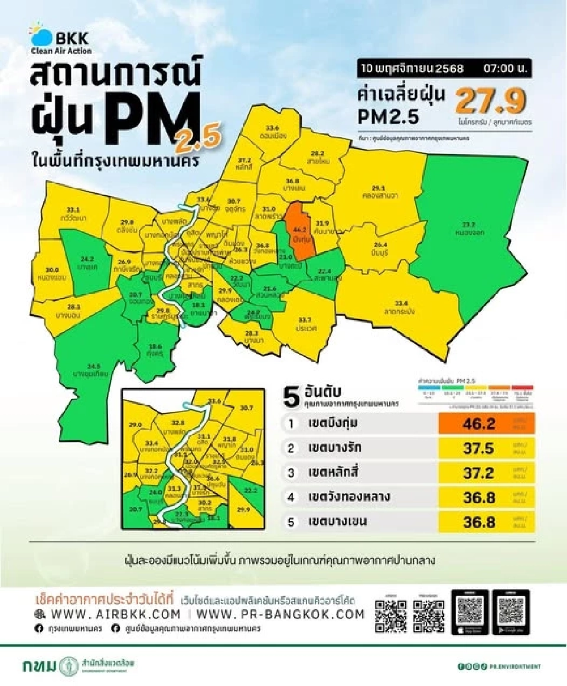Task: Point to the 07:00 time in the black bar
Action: pos(504,69)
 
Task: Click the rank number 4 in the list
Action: pos(291,498)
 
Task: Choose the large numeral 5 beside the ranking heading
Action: pos(291,397)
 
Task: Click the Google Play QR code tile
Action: pos(510,612)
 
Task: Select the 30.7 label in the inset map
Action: pos(246,408)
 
